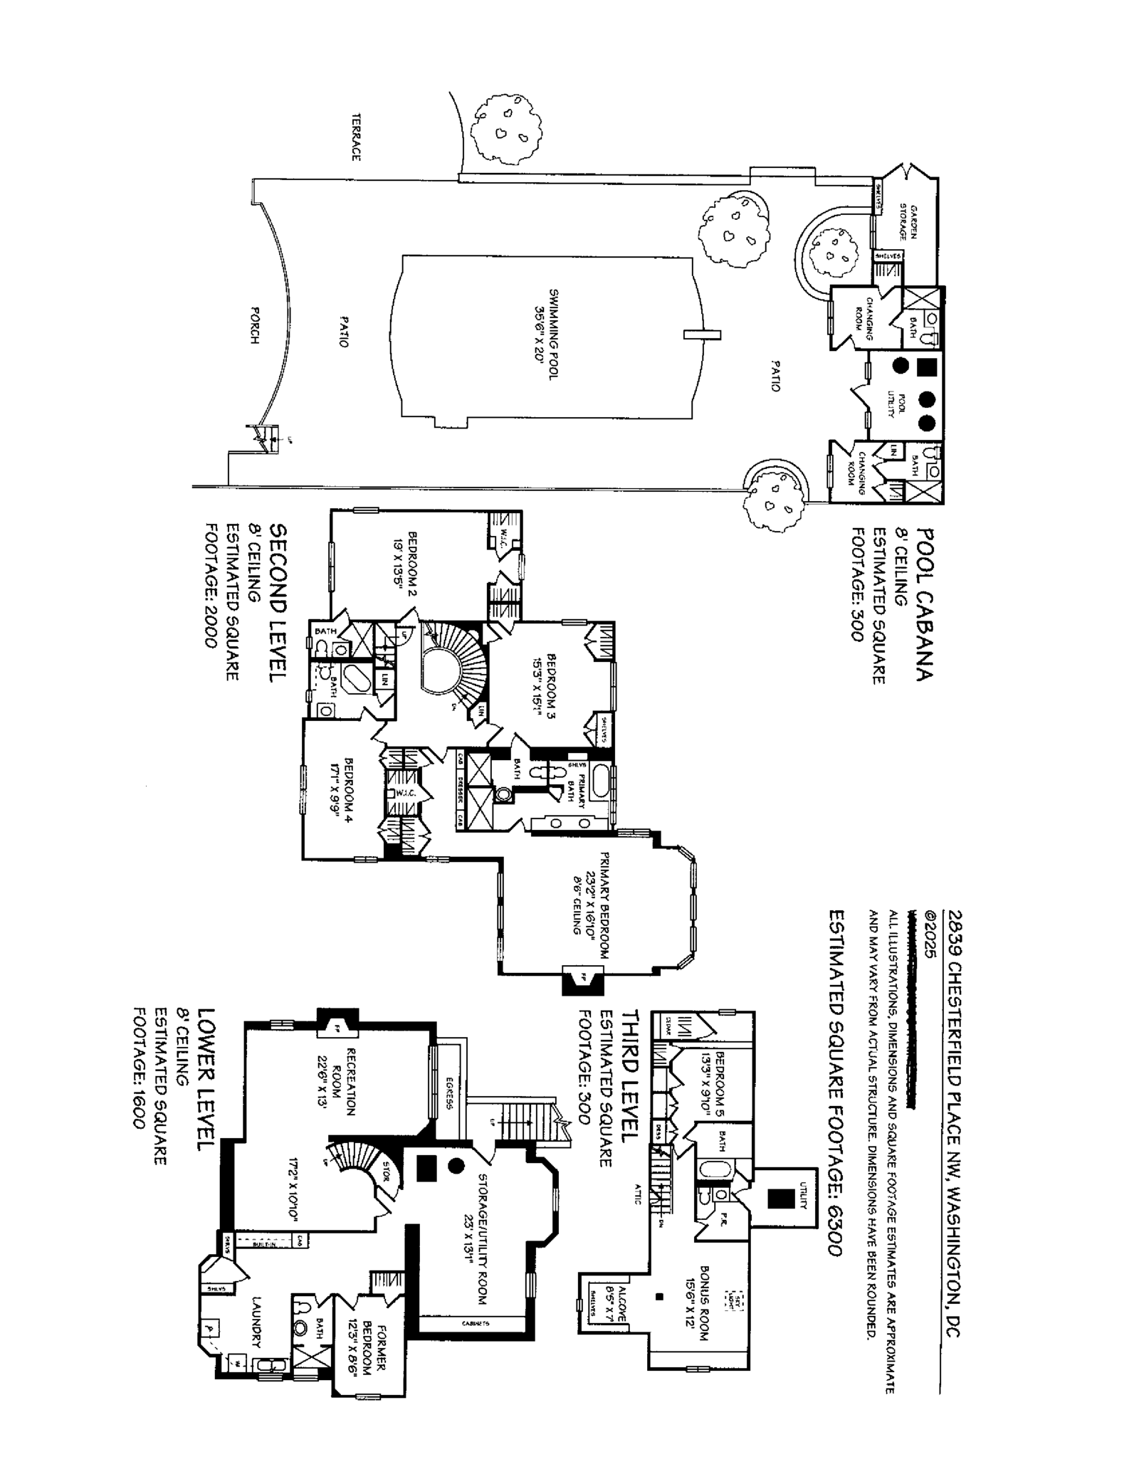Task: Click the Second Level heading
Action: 279,604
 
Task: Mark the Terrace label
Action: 355,137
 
